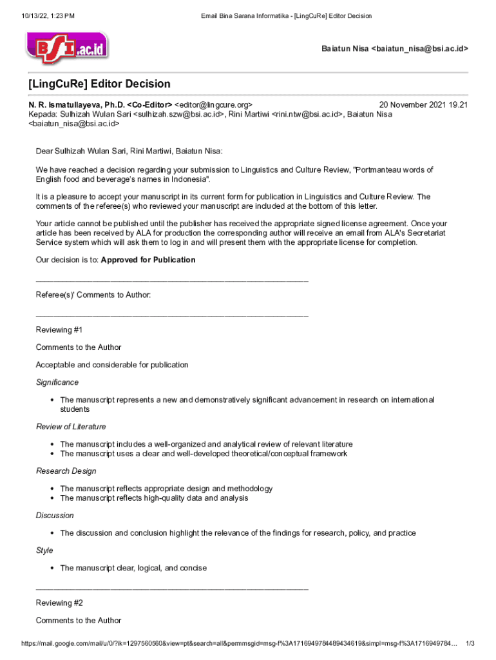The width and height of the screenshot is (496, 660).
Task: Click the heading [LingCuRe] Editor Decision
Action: tap(99, 84)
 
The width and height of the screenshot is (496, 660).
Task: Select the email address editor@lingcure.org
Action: tap(218, 104)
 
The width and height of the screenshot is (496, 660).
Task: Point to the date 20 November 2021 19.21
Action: tap(423, 104)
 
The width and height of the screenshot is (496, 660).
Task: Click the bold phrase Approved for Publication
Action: tap(148, 260)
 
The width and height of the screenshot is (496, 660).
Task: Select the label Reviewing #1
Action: tap(59, 330)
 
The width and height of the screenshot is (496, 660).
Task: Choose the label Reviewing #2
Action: tap(59, 603)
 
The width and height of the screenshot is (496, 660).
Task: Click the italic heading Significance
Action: tap(57, 382)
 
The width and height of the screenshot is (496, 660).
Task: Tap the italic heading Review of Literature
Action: tap(71, 427)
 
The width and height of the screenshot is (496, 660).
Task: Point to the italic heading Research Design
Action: tap(66, 471)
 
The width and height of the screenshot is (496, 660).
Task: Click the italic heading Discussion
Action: tap(55, 516)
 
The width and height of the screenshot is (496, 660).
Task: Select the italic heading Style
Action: tap(44, 550)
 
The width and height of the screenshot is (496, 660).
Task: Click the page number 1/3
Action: tap(470, 644)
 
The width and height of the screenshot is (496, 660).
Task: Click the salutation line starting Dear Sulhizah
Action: tap(129, 151)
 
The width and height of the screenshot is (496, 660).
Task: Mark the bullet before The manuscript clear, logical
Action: tap(51, 568)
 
